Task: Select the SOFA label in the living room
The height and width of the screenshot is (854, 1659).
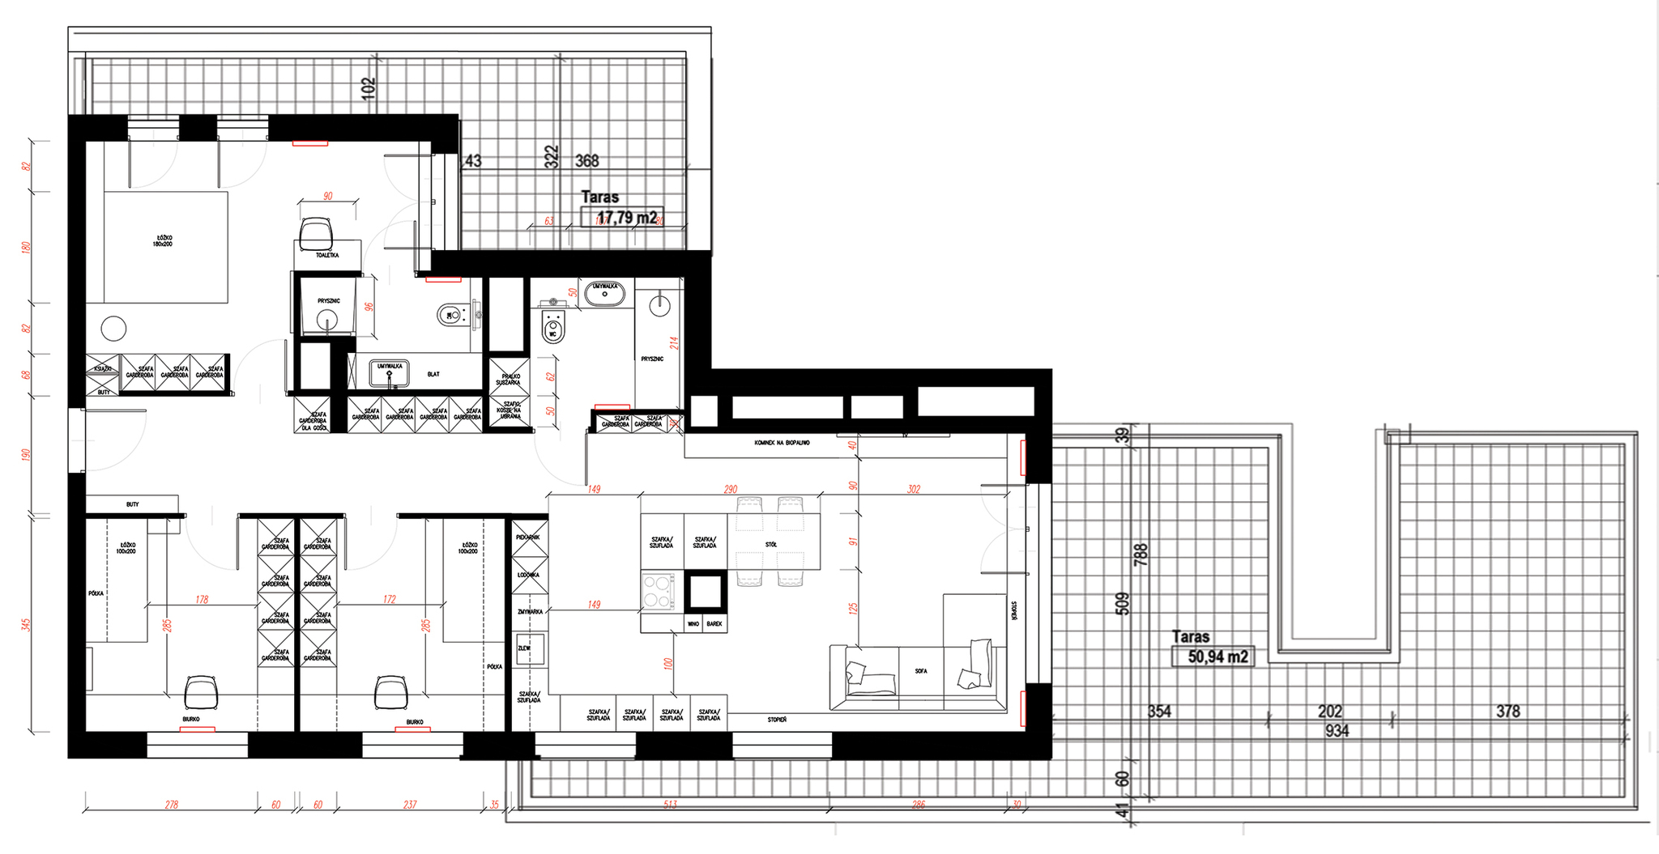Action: coord(921,671)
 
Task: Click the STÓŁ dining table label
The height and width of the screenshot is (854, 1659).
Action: coord(770,545)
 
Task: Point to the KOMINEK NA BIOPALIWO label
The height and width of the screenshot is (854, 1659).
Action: coord(782,443)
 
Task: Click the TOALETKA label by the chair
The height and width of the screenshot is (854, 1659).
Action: coord(327,255)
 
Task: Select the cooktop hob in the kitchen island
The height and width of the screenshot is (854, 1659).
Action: coord(659,591)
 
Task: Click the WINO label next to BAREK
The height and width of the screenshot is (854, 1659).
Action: coord(693,624)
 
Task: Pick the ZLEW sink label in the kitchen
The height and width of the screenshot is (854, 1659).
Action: coord(525,648)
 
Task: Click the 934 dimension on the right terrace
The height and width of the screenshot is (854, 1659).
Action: coord(1337,731)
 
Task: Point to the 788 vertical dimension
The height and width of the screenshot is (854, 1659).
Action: coord(1141,554)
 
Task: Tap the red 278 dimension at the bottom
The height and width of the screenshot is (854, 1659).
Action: coord(171,805)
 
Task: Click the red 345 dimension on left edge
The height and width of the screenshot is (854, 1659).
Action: coord(26,625)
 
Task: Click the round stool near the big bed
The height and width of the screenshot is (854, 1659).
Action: coord(113,329)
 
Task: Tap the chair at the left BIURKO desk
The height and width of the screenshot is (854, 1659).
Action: coord(200,693)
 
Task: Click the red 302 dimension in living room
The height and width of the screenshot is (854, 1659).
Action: coord(914,489)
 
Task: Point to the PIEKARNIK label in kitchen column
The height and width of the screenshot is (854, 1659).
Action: coord(527,537)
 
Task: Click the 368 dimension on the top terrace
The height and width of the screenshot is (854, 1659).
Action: coord(586,161)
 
